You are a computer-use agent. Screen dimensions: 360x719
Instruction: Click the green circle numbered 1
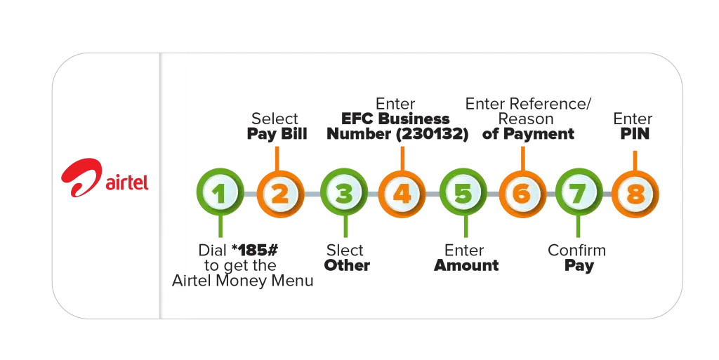click(220, 192)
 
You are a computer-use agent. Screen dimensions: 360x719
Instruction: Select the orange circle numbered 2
click(279, 192)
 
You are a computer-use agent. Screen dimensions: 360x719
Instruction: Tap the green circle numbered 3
click(344, 192)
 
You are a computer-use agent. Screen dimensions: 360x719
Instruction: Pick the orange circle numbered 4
click(402, 192)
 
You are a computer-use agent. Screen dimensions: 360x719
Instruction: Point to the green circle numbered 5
click(463, 192)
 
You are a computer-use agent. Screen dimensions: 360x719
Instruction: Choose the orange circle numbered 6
click(522, 192)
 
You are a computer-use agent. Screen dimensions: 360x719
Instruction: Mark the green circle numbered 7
click(577, 192)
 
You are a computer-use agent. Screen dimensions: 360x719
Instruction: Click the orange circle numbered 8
click(635, 192)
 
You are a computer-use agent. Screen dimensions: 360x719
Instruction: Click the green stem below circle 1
click(220, 227)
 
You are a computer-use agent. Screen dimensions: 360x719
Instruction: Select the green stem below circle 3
click(344, 227)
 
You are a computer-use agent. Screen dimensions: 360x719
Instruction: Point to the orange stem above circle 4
click(402, 156)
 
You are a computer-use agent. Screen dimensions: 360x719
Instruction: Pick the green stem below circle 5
click(463, 227)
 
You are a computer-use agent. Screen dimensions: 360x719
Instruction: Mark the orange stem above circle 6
click(522, 156)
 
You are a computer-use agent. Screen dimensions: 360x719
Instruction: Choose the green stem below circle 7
click(577, 227)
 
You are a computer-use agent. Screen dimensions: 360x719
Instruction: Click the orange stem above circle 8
click(635, 157)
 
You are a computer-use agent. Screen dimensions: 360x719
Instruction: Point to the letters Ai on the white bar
click(180, 281)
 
